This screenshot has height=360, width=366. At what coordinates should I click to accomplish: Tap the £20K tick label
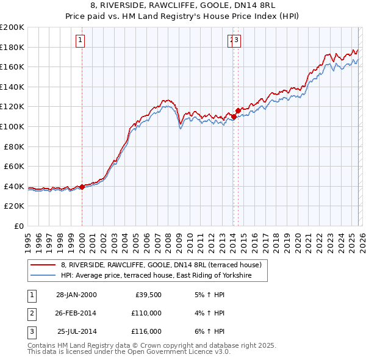point(14,206)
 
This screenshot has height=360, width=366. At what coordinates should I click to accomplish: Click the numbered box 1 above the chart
point(81,41)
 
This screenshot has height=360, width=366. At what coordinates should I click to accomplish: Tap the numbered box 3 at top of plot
point(237,41)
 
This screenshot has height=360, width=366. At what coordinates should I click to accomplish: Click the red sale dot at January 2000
point(82,187)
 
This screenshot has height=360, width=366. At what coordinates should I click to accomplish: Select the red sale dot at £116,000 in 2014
point(238,111)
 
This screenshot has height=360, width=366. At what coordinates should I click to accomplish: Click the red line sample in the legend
point(43,265)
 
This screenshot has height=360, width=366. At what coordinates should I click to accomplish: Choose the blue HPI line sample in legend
point(43,276)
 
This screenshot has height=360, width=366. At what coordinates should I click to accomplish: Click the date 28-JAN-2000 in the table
point(76,295)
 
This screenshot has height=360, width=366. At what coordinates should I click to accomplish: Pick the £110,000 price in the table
point(146,313)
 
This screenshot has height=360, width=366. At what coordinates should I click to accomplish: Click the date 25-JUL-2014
point(76,331)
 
